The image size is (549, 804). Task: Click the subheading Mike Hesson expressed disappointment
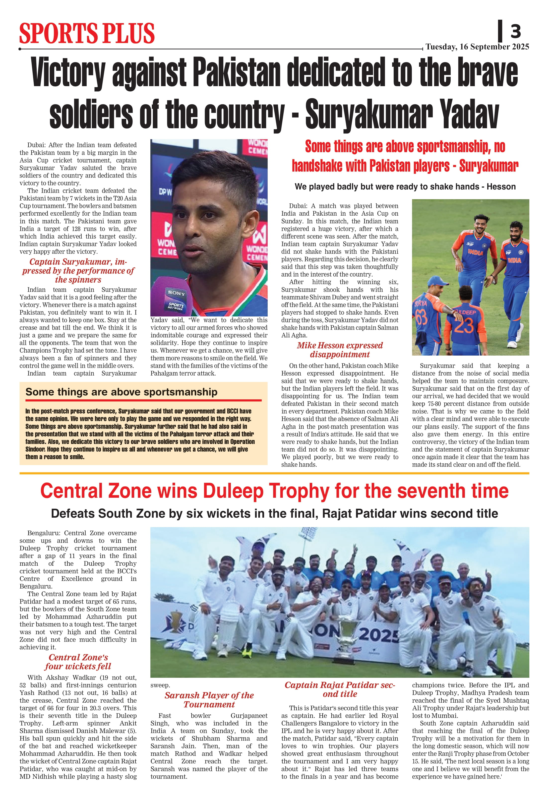tap(340, 350)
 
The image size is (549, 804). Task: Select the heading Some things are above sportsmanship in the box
tap(122, 392)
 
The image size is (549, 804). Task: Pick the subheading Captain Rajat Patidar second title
tap(340, 689)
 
